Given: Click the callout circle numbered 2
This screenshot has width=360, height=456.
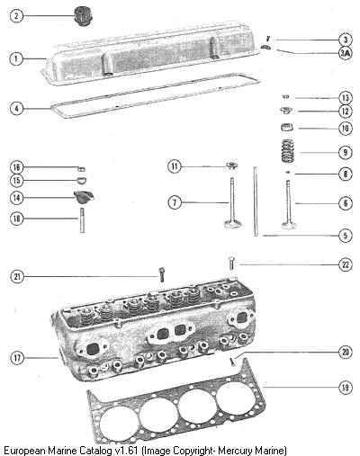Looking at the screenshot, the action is coord(16,15).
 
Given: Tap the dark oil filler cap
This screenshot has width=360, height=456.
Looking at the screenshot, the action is coord(83,16).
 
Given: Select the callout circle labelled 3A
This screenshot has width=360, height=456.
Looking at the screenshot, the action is coord(346,53).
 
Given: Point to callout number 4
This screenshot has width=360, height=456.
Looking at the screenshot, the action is coord(16,108).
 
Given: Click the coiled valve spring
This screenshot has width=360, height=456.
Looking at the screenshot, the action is coord(287,151).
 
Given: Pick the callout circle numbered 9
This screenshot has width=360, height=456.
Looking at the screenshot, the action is coord(346,152).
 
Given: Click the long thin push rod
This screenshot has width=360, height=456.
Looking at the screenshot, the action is coord(256,201).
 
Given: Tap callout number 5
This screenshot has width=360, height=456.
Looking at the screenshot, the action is coord(346,236).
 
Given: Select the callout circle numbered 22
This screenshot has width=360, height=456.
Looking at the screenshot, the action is coord(346,264).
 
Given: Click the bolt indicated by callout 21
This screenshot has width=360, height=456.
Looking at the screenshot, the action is coord(162,274).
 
